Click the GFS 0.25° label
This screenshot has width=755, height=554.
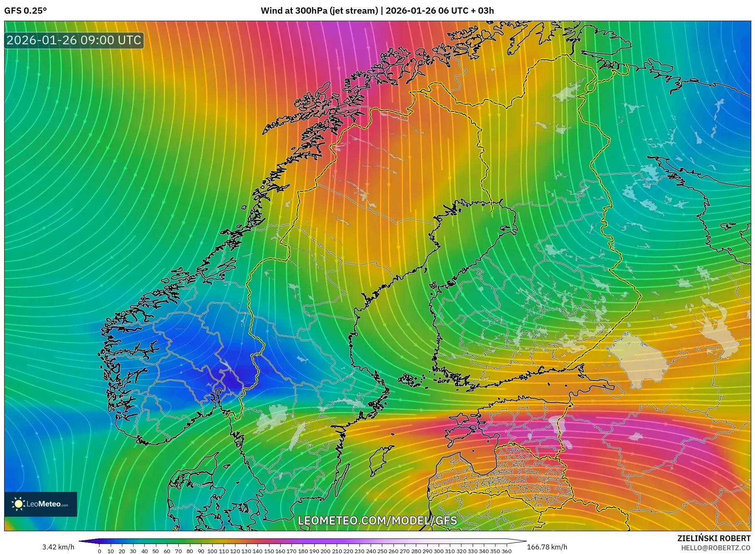pos(25,11)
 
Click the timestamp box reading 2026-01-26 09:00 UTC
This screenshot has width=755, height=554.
pos(74,40)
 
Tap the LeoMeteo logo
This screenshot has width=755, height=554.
pos(41,504)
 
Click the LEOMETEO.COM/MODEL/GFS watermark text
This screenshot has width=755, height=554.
pos(377,520)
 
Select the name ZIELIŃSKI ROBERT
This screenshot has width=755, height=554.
pos(714,538)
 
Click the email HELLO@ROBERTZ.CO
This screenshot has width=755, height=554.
pos(716,548)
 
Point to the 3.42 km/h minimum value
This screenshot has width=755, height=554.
pos(58,547)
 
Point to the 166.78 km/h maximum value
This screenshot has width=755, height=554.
pos(547,547)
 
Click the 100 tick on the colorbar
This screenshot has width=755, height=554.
pos(212,551)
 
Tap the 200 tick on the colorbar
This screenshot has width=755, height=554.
pos(325,551)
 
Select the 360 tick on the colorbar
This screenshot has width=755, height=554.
pos(507,551)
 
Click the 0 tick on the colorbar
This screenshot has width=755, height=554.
pos(100,551)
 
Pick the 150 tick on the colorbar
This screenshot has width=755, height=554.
pos(269,551)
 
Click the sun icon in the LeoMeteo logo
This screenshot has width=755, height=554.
pos(18,504)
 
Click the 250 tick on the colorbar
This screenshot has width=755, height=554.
pos(382,551)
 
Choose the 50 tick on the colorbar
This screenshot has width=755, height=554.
pos(155,551)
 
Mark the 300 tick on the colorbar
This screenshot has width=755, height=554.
pos(439,551)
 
